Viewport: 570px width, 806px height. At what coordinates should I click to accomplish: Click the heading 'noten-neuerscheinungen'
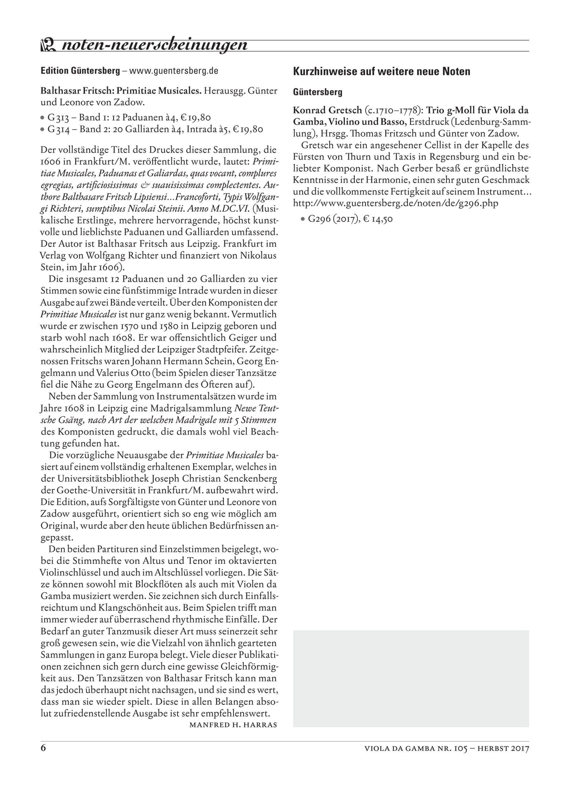[155, 45]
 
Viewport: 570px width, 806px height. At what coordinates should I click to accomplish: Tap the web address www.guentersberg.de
[174, 71]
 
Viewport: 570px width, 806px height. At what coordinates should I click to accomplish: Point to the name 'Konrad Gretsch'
[327, 110]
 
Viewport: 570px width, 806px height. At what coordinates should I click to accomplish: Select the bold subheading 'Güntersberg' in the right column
[317, 92]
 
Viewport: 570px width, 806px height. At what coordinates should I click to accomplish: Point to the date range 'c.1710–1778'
[393, 110]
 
